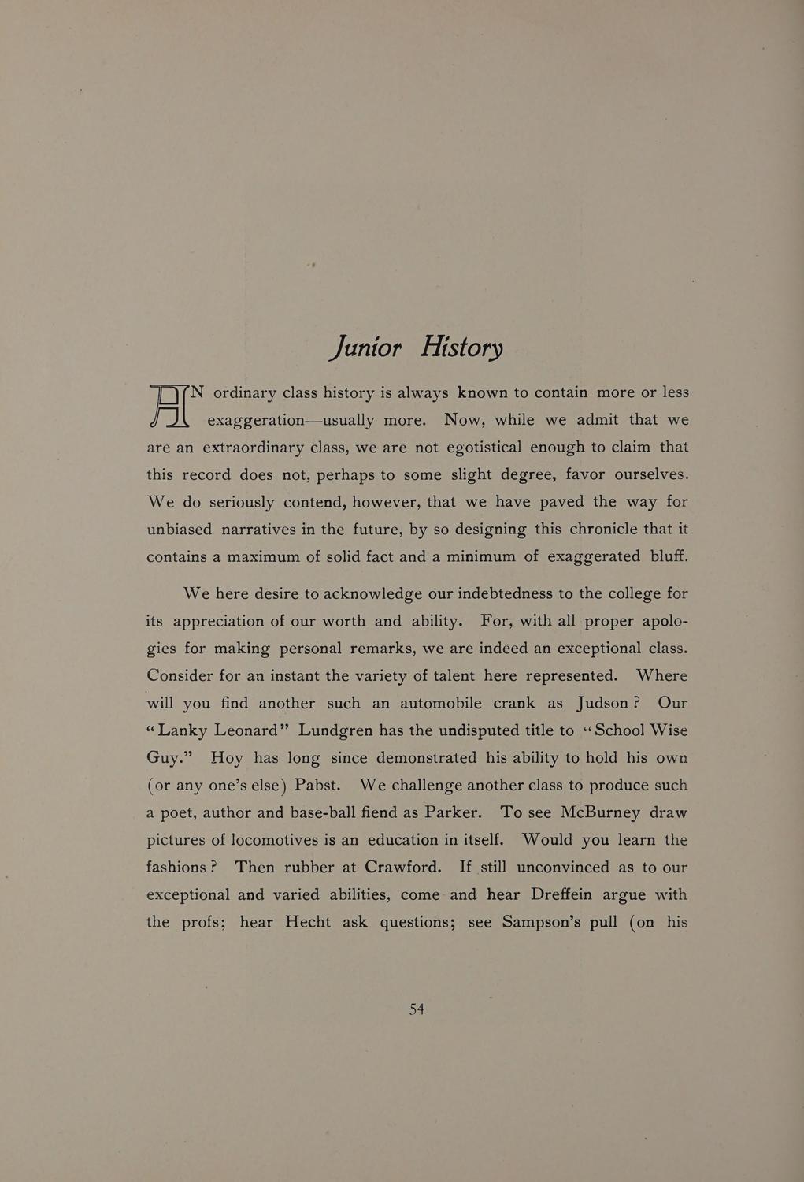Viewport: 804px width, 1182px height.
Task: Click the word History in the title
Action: point(462,347)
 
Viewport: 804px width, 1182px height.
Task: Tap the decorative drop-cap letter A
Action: point(169,407)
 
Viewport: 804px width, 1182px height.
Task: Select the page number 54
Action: point(417,1009)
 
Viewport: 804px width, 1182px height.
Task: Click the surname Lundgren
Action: point(335,730)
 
